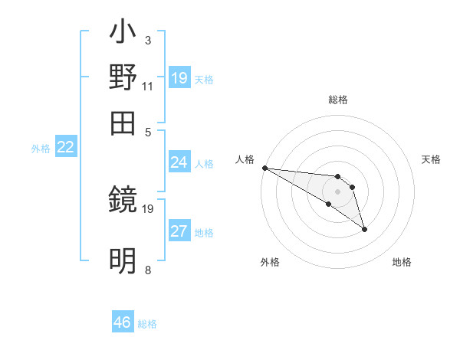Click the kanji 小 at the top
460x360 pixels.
click(123, 34)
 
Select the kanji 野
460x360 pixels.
click(123, 78)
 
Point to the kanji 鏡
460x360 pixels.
click(123, 202)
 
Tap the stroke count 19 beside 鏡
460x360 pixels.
click(148, 208)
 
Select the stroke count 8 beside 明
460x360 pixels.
click(147, 269)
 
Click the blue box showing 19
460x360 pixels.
click(179, 77)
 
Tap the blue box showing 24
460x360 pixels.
click(179, 162)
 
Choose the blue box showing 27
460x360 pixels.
click(179, 231)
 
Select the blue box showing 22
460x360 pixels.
click(65, 147)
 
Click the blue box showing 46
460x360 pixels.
click(123, 322)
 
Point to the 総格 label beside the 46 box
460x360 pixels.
click(147, 324)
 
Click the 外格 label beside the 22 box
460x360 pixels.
click(41, 149)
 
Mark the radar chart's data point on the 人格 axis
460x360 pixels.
click(264, 168)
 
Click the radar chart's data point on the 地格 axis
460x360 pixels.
click(364, 229)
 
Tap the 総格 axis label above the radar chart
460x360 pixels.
click(338, 100)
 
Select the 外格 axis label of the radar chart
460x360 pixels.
click(270, 262)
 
